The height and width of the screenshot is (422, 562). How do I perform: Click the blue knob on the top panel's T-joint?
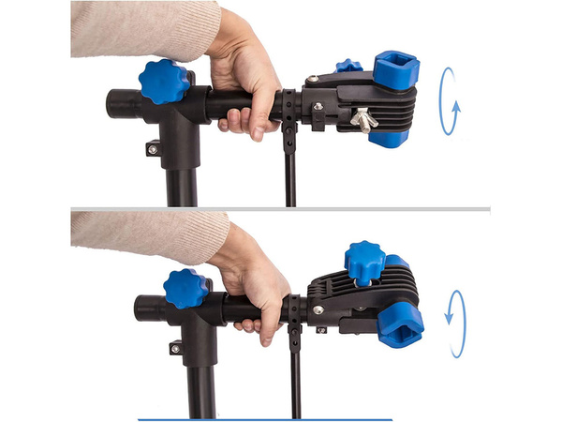pyautogui.click(x=164, y=81)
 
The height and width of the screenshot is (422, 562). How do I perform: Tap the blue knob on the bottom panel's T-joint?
pyautogui.click(x=186, y=288)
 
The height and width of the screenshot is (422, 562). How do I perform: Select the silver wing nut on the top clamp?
pyautogui.click(x=363, y=119)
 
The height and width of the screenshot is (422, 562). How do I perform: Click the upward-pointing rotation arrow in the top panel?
pyautogui.click(x=450, y=101)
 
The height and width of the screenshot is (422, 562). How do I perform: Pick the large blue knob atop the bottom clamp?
pyautogui.click(x=364, y=263)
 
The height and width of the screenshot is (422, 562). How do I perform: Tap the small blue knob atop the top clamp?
pyautogui.click(x=349, y=66)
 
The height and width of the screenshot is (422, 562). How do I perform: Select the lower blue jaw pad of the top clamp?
pyautogui.click(x=388, y=139)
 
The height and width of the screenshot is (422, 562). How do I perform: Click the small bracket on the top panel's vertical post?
pyautogui.click(x=153, y=148)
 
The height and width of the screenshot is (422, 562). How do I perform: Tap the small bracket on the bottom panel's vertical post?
pyautogui.click(x=176, y=348)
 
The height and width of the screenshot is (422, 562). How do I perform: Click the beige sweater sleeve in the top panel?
pyautogui.click(x=140, y=28)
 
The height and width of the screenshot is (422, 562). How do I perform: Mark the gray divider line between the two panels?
pyautogui.click(x=281, y=208)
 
